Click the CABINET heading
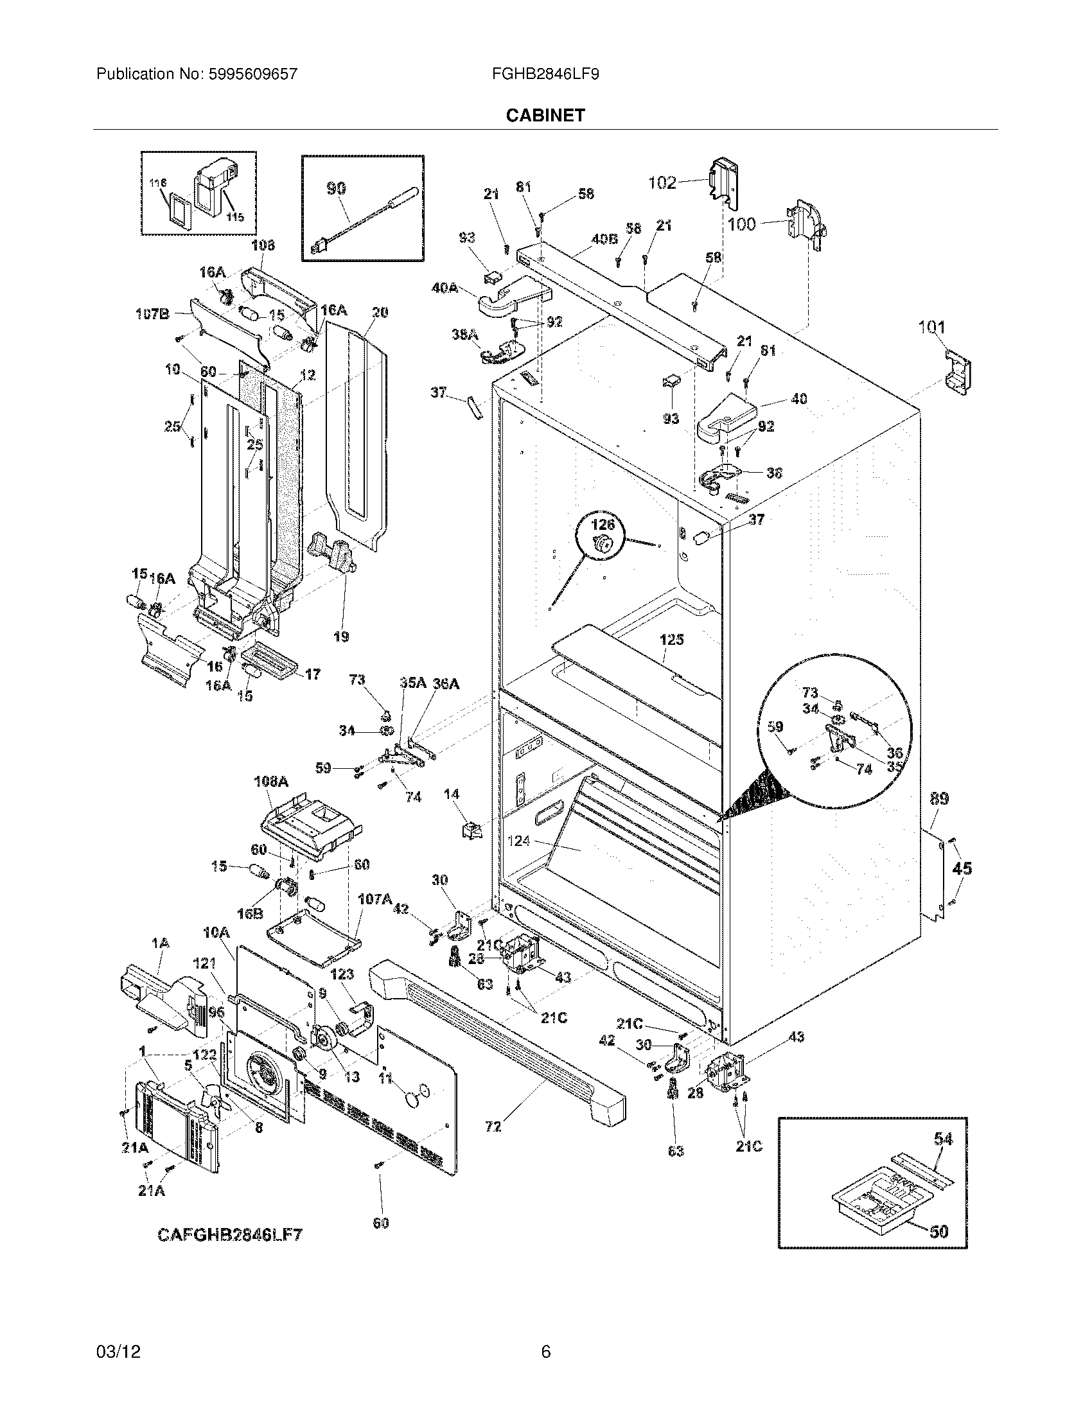point(545,115)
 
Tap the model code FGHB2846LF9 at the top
point(545,75)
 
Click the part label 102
point(662,183)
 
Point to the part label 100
point(741,225)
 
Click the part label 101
point(931,328)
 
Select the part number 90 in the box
point(335,189)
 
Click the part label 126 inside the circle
point(603,524)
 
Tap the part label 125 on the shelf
point(671,640)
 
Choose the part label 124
point(518,841)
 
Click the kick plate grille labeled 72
point(493,1127)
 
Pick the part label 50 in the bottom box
point(938,1231)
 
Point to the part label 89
point(939,800)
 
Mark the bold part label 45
point(962,868)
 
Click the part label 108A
point(270,782)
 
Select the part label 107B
point(152,315)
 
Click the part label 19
point(341,636)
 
